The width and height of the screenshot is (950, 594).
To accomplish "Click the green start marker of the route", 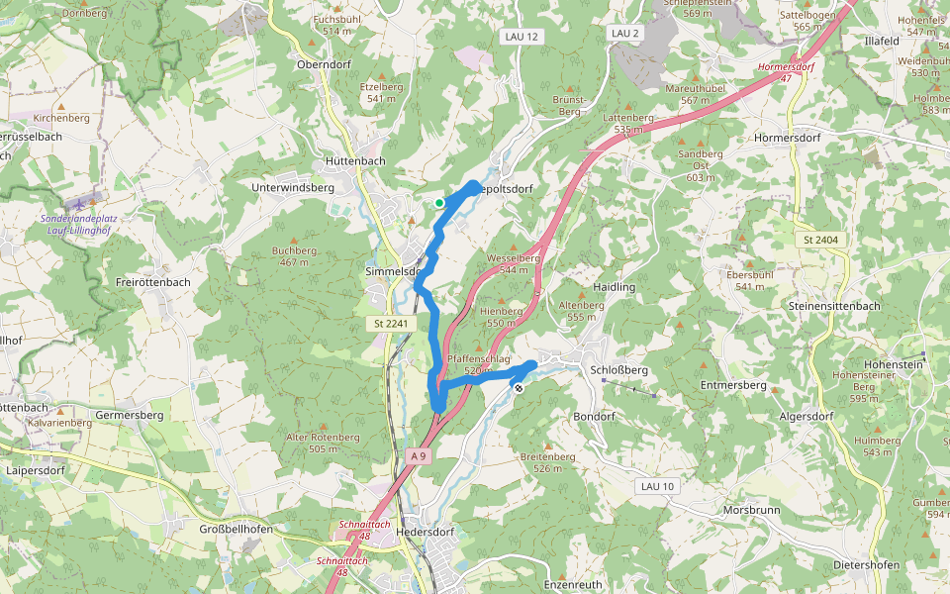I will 438,203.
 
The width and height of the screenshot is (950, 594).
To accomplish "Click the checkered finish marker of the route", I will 518,388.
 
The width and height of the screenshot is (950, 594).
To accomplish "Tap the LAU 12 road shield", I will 521,37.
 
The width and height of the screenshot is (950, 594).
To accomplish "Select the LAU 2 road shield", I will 625,34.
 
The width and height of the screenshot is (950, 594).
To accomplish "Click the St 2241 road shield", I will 391,324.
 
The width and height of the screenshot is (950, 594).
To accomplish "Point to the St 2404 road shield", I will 820,240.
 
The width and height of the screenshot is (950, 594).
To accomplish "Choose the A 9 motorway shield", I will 420,455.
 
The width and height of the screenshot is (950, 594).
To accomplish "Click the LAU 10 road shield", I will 657,486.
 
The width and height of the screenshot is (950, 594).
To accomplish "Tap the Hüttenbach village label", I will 354,161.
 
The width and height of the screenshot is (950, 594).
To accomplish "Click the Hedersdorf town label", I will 424,531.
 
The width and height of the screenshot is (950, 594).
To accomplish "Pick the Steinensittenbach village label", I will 834,306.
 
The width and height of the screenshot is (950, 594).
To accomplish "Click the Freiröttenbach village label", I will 153,282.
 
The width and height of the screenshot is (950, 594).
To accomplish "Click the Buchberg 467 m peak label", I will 294,256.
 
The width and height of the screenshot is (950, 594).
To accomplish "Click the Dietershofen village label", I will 866,565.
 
